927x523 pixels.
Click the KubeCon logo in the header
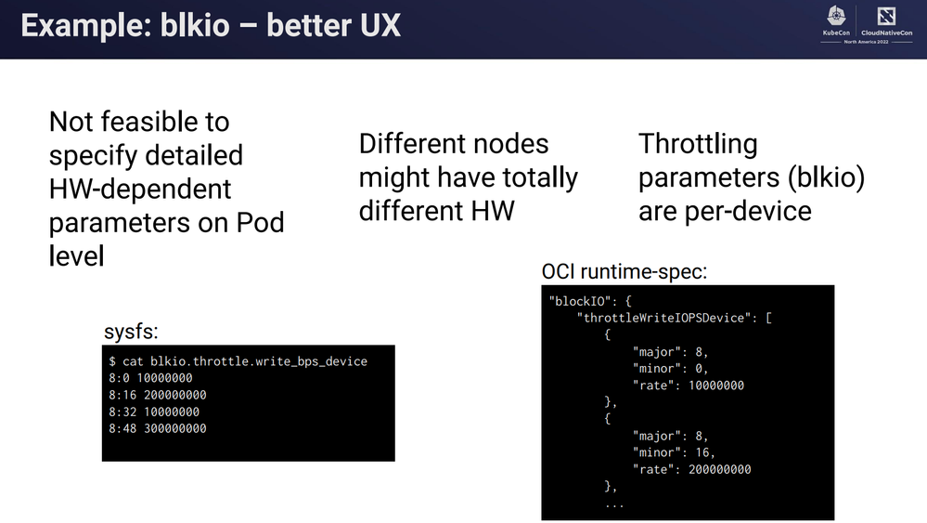(836, 21)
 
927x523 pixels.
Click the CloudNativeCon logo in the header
(886, 21)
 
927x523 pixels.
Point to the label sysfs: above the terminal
(131, 332)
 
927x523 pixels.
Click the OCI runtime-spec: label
(624, 271)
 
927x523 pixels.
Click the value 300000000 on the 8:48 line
(175, 428)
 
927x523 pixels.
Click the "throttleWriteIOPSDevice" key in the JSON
(663, 318)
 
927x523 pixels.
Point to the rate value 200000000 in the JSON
(719, 469)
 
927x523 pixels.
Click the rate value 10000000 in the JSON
(716, 386)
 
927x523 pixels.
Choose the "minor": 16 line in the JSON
(674, 452)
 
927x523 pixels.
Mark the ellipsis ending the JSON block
(614, 504)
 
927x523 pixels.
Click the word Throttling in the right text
(698, 144)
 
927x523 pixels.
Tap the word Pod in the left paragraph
(260, 222)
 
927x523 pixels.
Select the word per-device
(748, 212)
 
